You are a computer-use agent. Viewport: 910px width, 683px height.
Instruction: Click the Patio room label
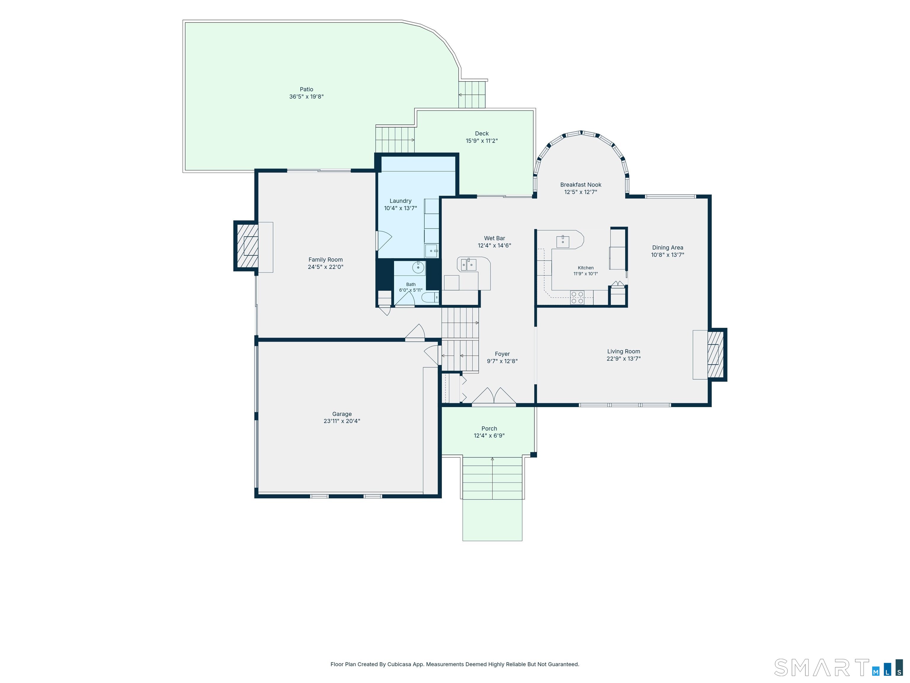(x=307, y=89)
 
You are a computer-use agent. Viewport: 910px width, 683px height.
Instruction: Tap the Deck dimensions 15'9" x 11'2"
(x=482, y=141)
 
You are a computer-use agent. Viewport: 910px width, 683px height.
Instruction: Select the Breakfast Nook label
(x=581, y=185)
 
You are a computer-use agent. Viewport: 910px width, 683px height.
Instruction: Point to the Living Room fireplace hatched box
(x=716, y=355)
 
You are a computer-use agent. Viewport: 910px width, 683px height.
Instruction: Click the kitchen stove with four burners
(x=577, y=298)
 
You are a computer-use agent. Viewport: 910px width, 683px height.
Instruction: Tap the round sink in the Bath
(x=418, y=268)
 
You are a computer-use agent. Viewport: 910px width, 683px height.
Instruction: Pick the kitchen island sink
(x=563, y=242)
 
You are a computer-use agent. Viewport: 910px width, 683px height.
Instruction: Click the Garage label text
(x=342, y=414)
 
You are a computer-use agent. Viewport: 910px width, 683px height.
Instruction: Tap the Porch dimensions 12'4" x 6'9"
(x=489, y=435)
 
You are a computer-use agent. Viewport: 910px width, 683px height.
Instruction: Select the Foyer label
(x=502, y=354)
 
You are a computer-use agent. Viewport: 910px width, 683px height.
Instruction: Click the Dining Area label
(x=667, y=248)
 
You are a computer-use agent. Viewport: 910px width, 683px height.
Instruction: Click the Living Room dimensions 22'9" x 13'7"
(x=624, y=359)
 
